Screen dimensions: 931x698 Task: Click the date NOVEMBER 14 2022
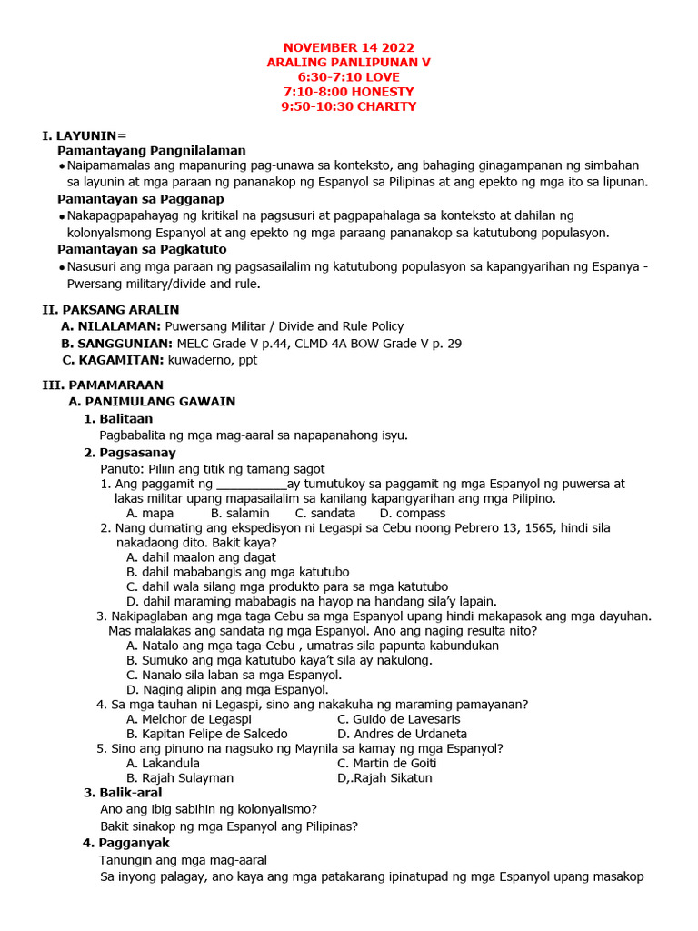348,47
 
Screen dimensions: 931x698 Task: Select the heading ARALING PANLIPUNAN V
348,62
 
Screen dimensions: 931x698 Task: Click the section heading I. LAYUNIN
85,135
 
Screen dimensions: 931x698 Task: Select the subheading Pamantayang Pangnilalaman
151,150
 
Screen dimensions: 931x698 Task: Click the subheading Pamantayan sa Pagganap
141,199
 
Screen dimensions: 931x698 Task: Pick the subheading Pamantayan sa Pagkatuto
142,249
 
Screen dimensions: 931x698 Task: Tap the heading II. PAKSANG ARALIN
110,309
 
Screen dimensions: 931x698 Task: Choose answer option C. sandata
325,513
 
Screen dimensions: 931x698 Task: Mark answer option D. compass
413,513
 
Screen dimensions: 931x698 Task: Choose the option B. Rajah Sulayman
180,777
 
